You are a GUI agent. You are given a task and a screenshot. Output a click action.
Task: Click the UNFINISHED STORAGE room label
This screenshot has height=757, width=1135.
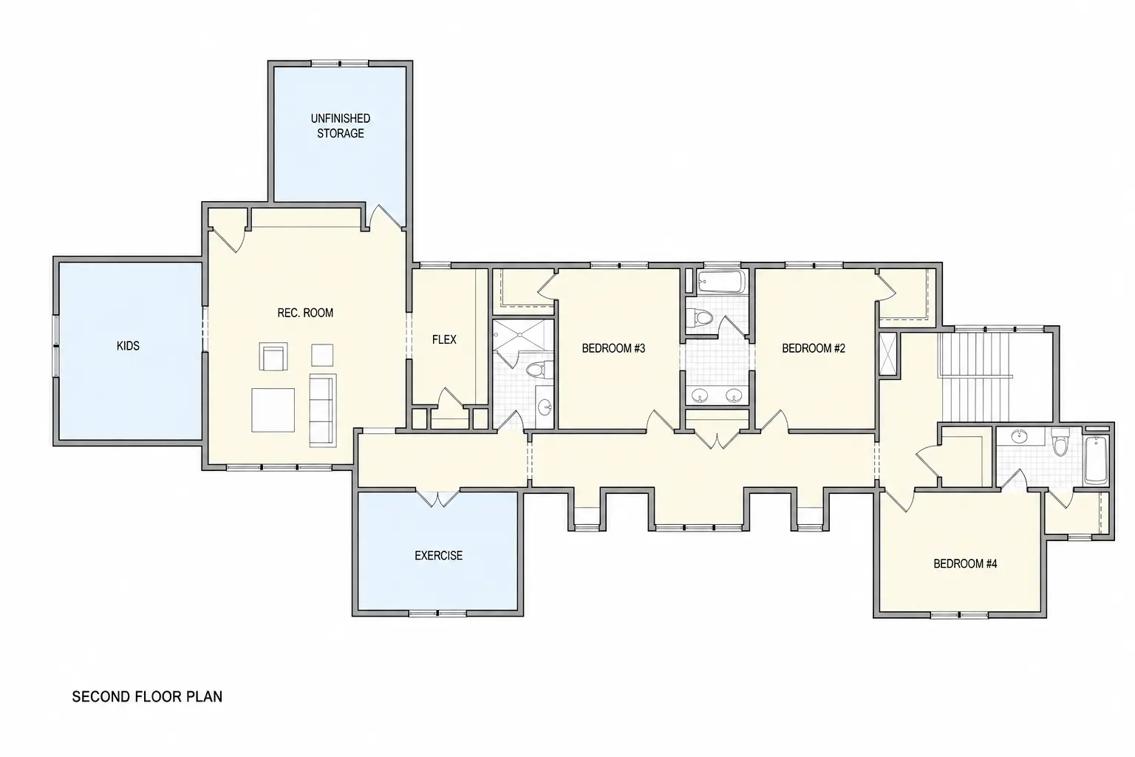pos(341,126)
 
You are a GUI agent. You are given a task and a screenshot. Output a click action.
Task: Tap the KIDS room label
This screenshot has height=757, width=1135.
pos(128,346)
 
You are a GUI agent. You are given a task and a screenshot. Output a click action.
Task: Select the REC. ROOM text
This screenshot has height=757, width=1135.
pos(305,313)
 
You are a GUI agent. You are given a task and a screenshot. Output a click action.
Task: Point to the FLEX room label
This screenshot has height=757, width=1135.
pos(444,340)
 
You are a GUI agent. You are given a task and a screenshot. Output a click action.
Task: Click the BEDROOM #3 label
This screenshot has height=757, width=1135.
pos(613,348)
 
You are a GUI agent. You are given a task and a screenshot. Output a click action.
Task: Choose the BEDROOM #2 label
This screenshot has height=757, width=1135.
pos(814,348)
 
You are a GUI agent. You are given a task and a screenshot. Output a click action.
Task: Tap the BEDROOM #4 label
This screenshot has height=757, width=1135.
pos(965,564)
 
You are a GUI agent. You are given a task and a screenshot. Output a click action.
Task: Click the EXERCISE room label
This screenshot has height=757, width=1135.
pos(439,556)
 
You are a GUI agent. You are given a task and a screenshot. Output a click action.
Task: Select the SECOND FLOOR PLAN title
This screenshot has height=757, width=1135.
pos(148,696)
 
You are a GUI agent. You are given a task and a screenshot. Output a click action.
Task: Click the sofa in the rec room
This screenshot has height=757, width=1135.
pos(323,411)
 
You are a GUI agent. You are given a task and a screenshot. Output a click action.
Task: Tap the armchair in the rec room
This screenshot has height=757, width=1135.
pos(273,356)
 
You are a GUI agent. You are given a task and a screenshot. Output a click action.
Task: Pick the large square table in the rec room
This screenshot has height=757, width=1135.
pos(273,410)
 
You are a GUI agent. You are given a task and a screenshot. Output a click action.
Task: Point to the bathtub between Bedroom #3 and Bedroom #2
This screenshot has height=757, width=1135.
pos(721,281)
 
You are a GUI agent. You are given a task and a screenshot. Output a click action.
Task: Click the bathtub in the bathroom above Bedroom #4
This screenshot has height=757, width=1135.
pos(1096,461)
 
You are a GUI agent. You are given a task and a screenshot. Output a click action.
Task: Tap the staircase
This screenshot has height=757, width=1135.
pos(974,377)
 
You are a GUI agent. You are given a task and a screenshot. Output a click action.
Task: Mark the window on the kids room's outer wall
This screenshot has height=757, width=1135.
pos(55,346)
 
